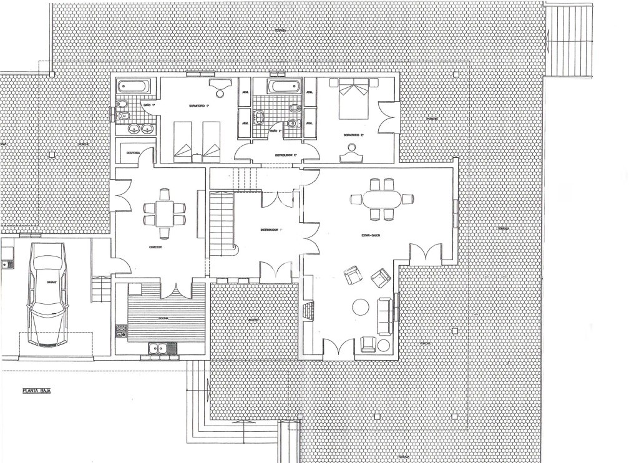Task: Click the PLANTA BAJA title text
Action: pyautogui.click(x=36, y=391)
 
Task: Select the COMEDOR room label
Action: pyautogui.click(x=156, y=247)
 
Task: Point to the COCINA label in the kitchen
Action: pyautogui.click(x=163, y=318)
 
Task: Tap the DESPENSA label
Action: pyautogui.click(x=133, y=152)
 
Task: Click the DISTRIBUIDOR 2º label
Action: pyautogui.click(x=286, y=155)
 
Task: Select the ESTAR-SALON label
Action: pyautogui.click(x=371, y=235)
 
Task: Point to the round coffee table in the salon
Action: pyautogui.click(x=361, y=307)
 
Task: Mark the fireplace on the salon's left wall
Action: pyautogui.click(x=308, y=310)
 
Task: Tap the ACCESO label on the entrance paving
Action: pyautogui.click(x=253, y=320)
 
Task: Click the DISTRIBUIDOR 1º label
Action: pyautogui.click(x=271, y=230)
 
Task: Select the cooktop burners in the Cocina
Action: pyautogui.click(x=120, y=331)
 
